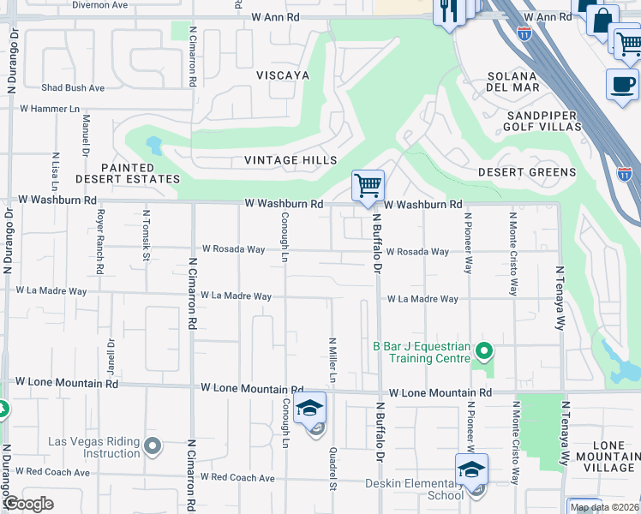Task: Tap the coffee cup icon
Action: [x=622, y=85]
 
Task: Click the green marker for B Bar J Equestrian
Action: [x=484, y=351]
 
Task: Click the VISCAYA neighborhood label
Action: [x=281, y=75]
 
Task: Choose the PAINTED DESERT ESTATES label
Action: [x=140, y=174]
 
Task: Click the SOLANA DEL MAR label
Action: [x=513, y=82]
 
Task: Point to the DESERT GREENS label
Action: [x=526, y=172]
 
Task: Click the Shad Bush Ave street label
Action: [x=73, y=88]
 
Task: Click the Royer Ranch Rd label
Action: [x=100, y=241]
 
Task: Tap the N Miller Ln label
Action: [x=332, y=360]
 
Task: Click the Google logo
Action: [x=28, y=504]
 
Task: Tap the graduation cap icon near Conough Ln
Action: [x=309, y=408]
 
